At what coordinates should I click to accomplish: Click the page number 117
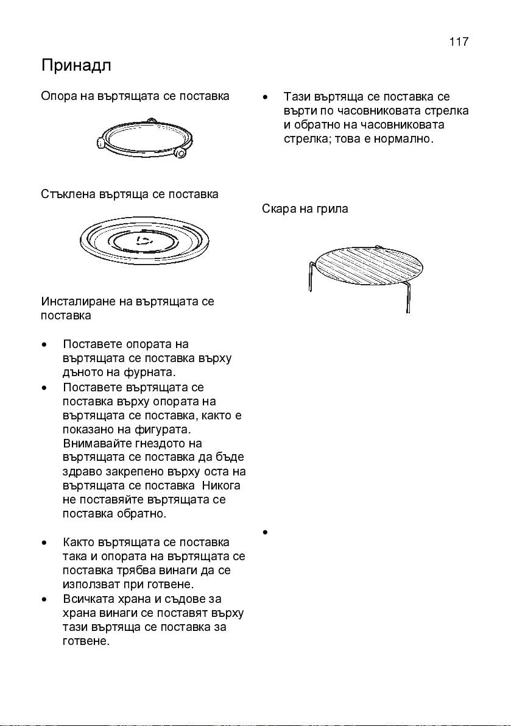458,41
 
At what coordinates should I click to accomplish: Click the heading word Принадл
76,66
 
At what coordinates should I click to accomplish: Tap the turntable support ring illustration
142,141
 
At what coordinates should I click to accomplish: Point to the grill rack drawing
365,272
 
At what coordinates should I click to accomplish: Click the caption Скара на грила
305,209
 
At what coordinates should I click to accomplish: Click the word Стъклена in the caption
68,194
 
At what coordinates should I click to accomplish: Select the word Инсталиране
84,301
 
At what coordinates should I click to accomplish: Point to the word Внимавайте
96,443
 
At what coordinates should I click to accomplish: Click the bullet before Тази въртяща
266,98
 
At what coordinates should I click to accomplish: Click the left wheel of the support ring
101,143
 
